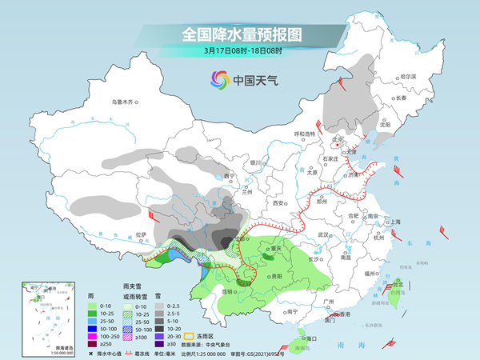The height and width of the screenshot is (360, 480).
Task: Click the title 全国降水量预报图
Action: pos(240,34)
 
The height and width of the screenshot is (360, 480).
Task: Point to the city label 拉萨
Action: pos(142,235)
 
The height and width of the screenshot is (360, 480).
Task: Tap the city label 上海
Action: pos(394,222)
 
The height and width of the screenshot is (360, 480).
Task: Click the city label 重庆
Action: pos(278,249)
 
